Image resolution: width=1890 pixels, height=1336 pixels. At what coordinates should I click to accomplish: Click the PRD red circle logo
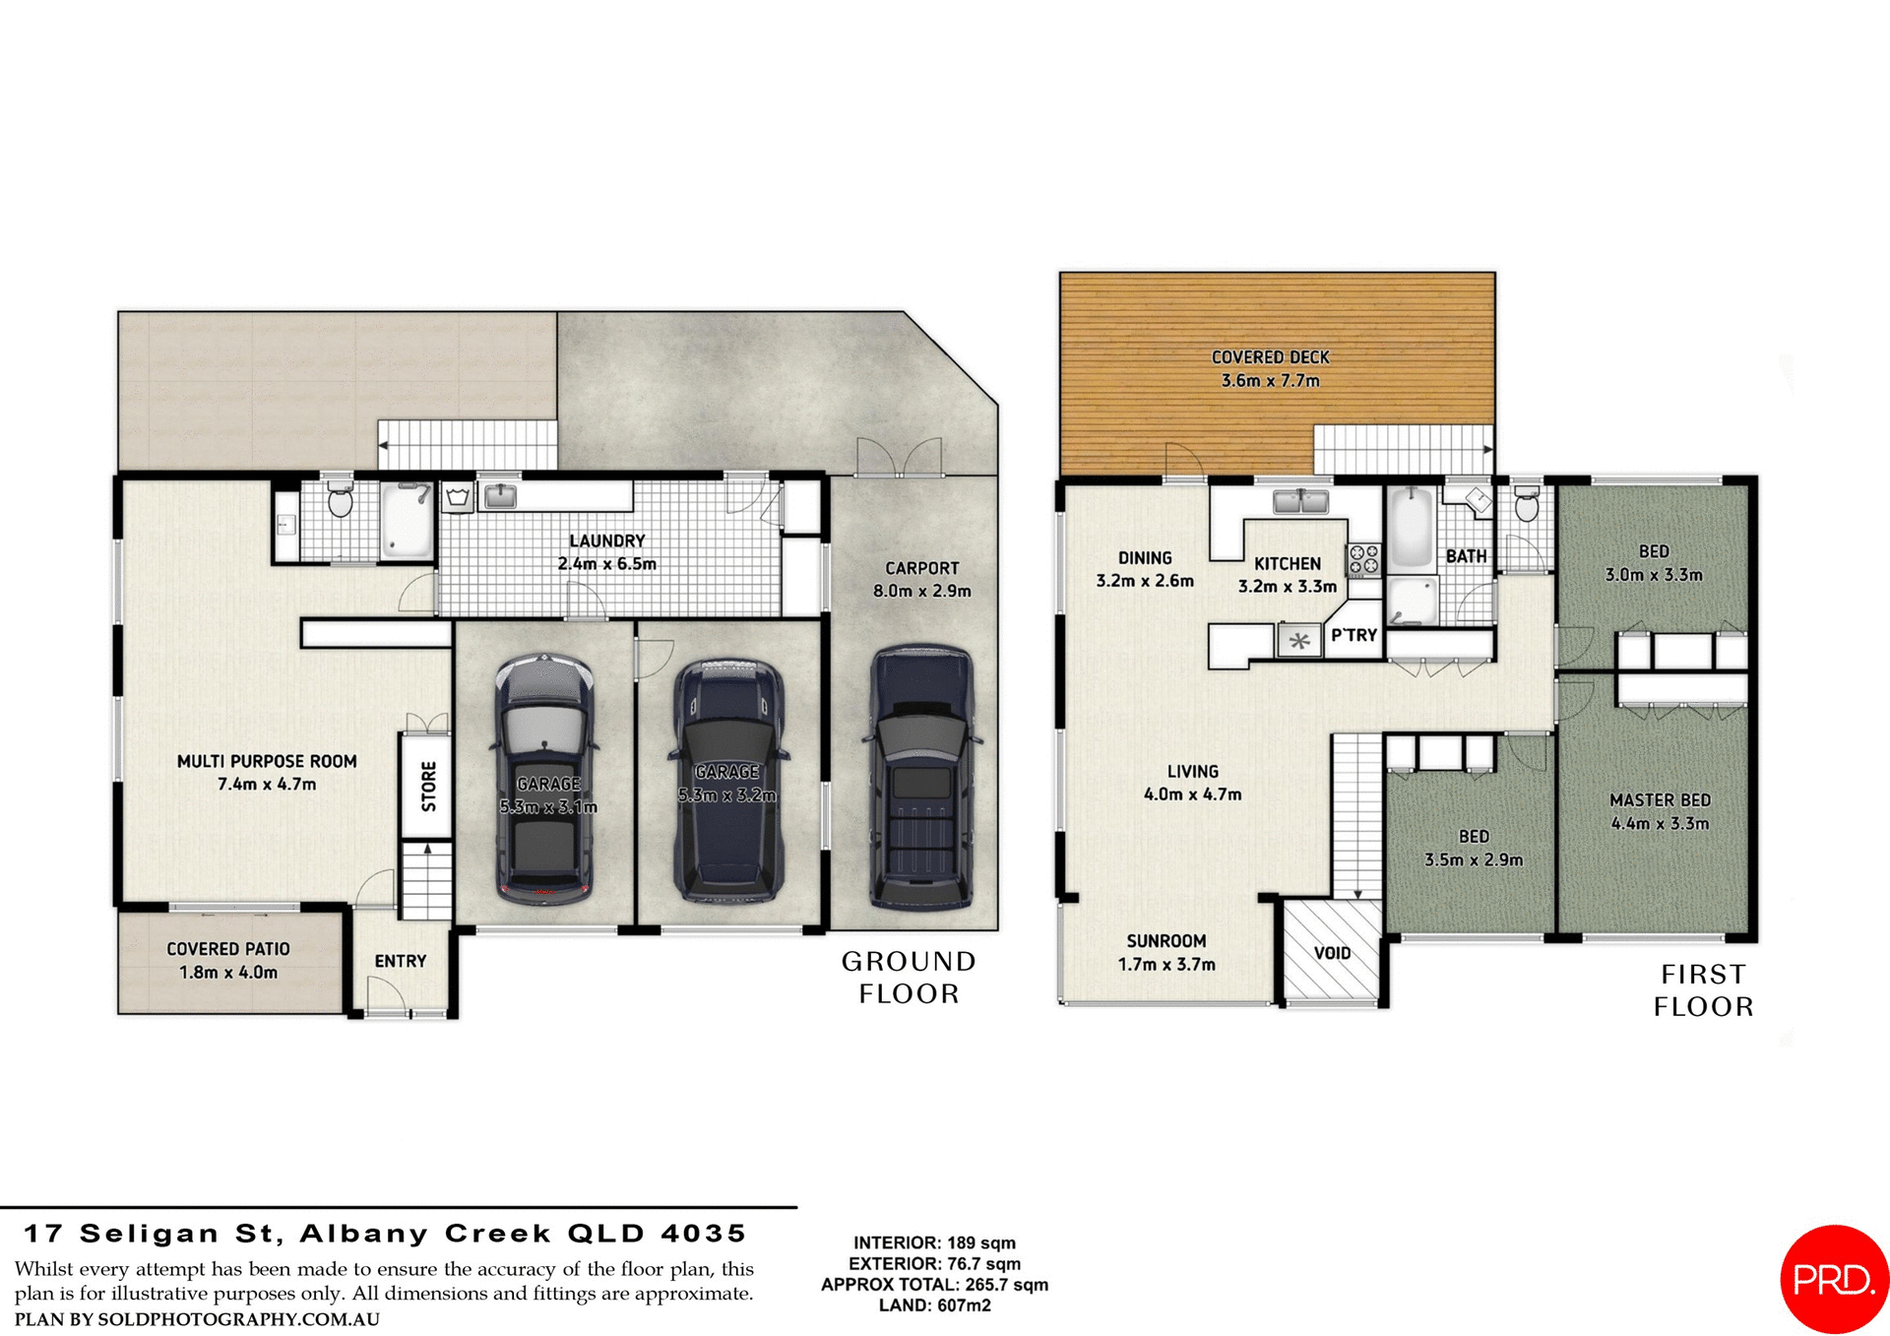pyautogui.click(x=1834, y=1279)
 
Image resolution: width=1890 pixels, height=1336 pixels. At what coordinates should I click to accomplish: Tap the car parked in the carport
pyautogui.click(x=921, y=778)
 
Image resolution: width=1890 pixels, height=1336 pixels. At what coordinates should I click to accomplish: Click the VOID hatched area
pyautogui.click(x=1332, y=952)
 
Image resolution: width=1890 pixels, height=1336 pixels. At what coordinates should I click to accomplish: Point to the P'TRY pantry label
pyautogui.click(x=1354, y=636)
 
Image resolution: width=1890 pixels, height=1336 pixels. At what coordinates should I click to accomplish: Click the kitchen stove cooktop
pyautogui.click(x=1364, y=559)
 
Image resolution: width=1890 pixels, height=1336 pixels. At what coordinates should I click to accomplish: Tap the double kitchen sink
pyautogui.click(x=1300, y=501)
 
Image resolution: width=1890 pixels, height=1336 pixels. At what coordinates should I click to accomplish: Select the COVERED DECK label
pyautogui.click(x=1270, y=357)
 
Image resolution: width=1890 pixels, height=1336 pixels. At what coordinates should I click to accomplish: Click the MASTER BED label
pyautogui.click(x=1660, y=800)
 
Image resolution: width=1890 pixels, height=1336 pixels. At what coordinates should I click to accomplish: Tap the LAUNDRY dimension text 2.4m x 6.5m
pyautogui.click(x=606, y=564)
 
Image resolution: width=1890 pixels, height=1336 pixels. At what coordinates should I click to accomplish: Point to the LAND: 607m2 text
pyautogui.click(x=934, y=1305)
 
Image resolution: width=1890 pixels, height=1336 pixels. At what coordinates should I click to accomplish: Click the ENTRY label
pyautogui.click(x=401, y=961)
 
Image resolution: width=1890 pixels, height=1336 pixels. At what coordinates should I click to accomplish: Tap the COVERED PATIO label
pyautogui.click(x=228, y=949)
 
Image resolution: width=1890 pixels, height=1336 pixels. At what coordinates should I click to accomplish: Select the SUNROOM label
pyautogui.click(x=1165, y=941)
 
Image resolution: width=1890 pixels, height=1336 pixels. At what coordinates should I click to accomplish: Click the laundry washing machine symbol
pyautogui.click(x=458, y=497)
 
